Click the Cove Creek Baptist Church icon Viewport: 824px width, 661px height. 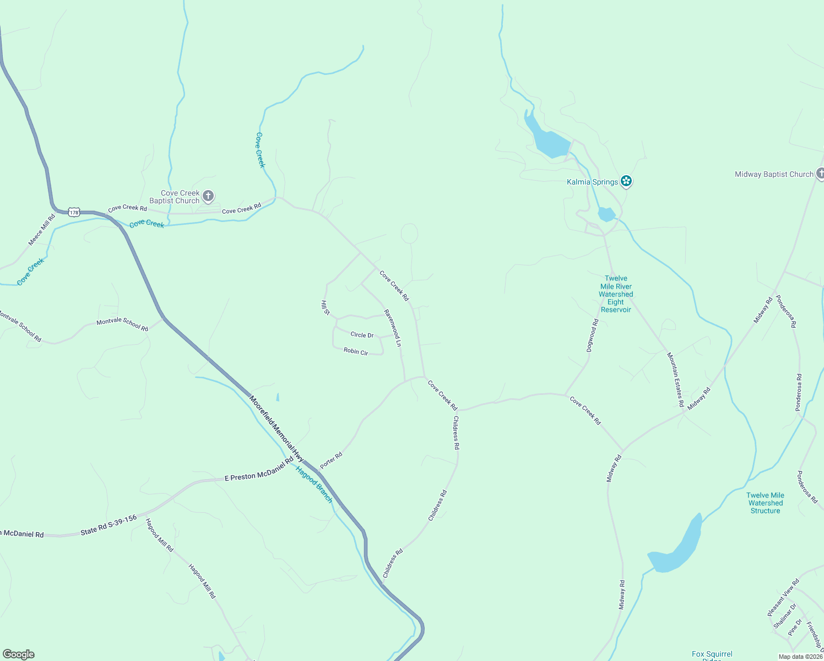(208, 196)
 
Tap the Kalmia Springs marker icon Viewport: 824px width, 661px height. (626, 181)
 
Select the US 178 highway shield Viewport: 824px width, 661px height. (74, 212)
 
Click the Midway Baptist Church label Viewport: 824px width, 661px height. (774, 175)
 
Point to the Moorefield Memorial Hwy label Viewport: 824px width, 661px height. (277, 428)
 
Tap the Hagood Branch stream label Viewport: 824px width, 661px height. (315, 484)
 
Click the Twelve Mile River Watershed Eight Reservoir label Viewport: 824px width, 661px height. (616, 294)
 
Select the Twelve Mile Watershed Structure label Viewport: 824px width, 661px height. (765, 503)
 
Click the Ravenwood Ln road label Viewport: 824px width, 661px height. (393, 328)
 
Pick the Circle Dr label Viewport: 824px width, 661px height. (362, 335)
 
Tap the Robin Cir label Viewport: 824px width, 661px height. (356, 351)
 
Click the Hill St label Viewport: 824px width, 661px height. (326, 308)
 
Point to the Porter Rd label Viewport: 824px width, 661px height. (332, 460)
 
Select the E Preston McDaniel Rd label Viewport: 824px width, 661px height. (259, 472)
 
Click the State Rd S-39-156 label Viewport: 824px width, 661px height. (109, 525)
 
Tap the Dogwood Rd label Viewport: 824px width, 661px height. (592, 335)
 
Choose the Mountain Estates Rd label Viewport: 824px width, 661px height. (675, 380)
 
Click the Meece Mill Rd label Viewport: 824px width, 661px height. (42, 230)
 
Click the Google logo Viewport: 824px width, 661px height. (18, 654)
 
